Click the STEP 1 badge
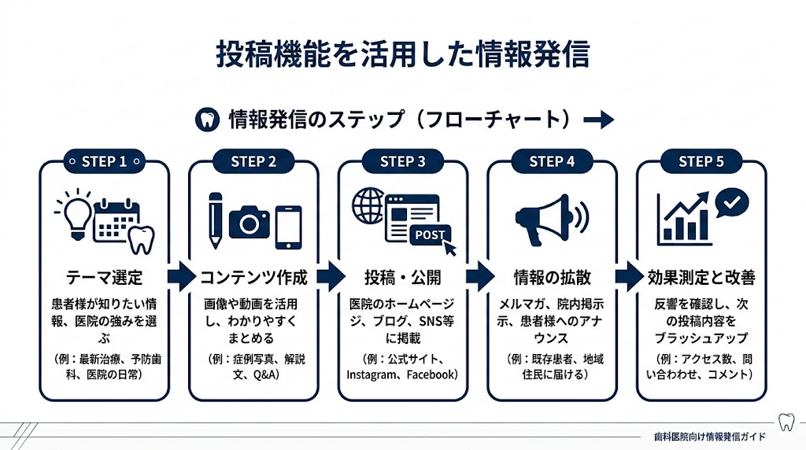click(104, 161)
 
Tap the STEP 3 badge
click(402, 161)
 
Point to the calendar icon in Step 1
click(116, 219)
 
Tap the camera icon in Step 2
click(250, 223)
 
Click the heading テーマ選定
click(104, 278)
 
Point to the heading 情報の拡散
click(552, 278)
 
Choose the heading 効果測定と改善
click(701, 278)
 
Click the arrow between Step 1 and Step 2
click(179, 276)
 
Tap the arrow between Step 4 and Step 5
click(627, 276)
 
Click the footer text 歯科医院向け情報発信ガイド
click(709, 435)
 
